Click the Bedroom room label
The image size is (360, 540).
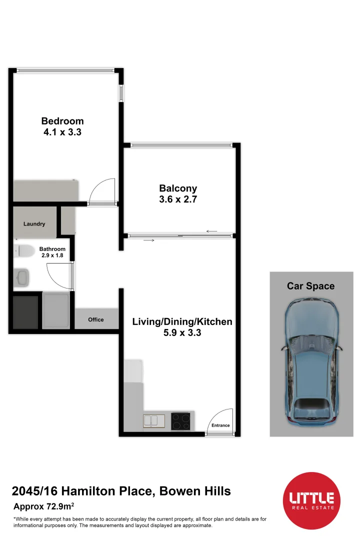click(x=62, y=121)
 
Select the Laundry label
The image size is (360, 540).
click(x=34, y=224)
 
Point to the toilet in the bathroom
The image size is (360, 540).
click(x=23, y=250)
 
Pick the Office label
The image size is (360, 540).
click(x=95, y=319)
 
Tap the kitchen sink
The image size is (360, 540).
click(x=155, y=420)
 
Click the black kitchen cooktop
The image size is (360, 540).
click(x=180, y=420)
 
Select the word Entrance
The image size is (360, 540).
click(x=220, y=425)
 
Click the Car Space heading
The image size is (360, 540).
click(x=310, y=286)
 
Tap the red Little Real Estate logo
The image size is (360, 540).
click(x=311, y=500)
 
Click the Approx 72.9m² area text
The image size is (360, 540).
click(x=44, y=506)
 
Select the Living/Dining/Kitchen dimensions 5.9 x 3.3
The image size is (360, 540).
click(x=182, y=332)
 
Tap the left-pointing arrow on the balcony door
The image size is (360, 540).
click(x=211, y=231)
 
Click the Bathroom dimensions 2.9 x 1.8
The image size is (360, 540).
click(x=52, y=255)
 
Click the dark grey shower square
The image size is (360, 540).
click(x=25, y=312)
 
